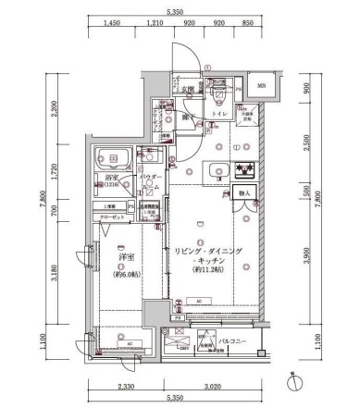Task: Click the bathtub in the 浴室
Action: [115, 158]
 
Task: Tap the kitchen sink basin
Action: [217, 169]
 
